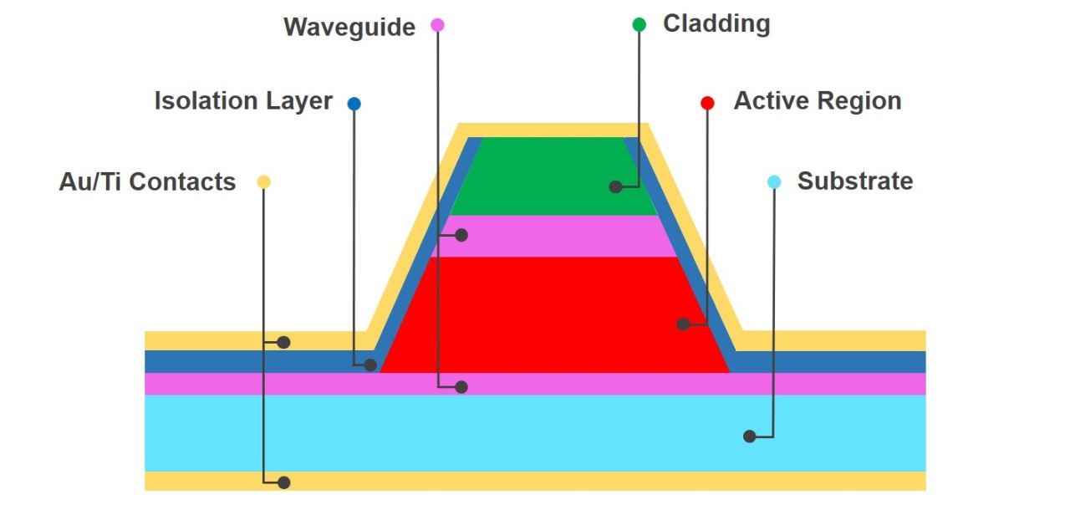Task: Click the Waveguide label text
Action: click(349, 27)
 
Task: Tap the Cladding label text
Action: click(716, 23)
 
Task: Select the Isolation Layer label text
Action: click(243, 101)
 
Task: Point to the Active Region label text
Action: click(817, 101)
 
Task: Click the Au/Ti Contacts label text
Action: click(147, 181)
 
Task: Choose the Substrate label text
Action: click(854, 181)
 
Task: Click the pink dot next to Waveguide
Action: click(437, 25)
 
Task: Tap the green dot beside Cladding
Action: click(639, 24)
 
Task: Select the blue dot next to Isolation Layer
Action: click(354, 104)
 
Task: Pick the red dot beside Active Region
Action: click(707, 103)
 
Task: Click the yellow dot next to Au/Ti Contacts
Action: click(263, 181)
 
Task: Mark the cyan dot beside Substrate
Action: click(774, 181)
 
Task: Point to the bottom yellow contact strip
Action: click(535, 481)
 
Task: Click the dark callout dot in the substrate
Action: click(750, 436)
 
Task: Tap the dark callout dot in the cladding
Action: click(616, 187)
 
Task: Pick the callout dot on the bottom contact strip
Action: click(284, 482)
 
